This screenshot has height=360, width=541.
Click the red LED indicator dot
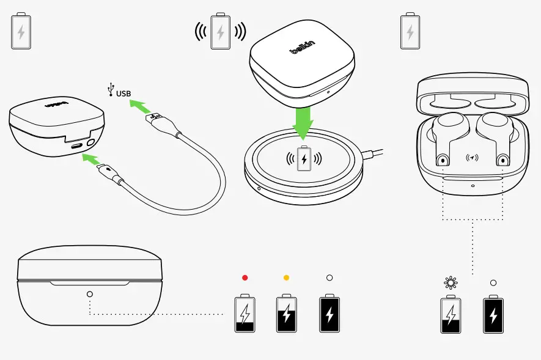(x=245, y=277)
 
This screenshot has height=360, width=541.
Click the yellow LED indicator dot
(x=286, y=277)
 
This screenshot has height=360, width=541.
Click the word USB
(x=123, y=94)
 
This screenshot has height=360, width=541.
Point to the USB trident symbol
(x=110, y=90)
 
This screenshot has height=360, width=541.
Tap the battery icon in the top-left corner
(x=21, y=30)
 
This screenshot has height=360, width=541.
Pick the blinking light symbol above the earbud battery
(x=451, y=283)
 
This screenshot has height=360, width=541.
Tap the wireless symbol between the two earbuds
(x=472, y=158)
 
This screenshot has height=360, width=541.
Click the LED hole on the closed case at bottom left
(x=90, y=294)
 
